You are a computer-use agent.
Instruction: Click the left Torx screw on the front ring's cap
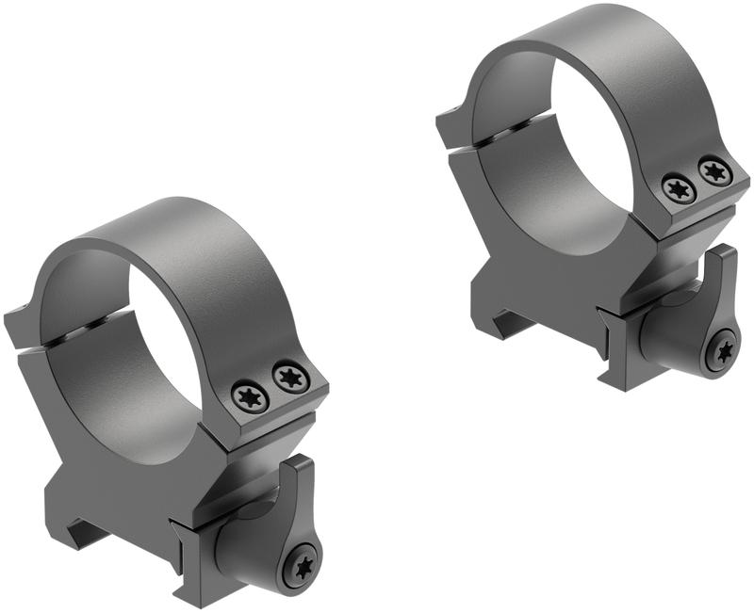[252, 395]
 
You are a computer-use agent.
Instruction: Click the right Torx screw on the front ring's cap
[291, 378]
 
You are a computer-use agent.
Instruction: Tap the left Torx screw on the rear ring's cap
[679, 188]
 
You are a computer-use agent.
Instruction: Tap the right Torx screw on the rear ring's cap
[715, 170]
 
